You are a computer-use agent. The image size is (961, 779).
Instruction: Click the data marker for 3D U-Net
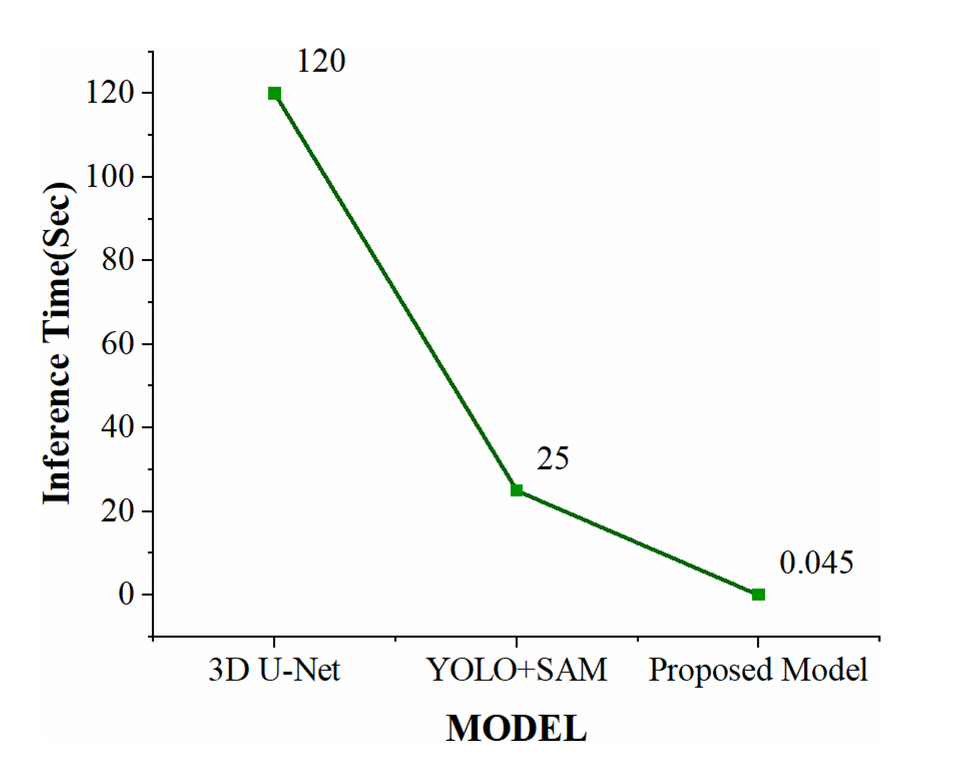coord(274,94)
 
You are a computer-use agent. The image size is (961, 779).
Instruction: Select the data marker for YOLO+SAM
coord(516,490)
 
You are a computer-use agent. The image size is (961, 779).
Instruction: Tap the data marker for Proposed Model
coord(758,595)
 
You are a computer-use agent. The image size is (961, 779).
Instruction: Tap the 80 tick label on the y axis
coord(117,260)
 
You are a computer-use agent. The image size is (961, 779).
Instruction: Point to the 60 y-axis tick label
coord(117,344)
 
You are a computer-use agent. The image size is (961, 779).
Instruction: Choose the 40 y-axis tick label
coord(117,428)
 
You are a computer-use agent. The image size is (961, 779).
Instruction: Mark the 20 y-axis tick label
coord(117,511)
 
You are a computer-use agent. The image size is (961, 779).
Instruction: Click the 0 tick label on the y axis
coord(126,595)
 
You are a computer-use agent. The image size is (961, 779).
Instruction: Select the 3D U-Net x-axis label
coord(274,670)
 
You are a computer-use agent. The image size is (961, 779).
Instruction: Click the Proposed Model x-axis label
coord(758,671)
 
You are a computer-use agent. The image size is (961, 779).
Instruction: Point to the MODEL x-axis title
coord(516,728)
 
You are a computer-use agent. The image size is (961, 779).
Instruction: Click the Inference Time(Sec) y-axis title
coord(57,343)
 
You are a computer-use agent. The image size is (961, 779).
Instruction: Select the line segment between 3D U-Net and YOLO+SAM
coord(395,292)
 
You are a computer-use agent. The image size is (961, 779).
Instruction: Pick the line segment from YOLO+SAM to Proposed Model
coord(637,543)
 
